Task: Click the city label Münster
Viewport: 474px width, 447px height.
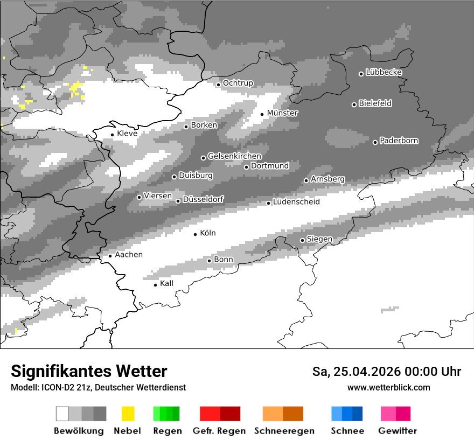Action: pos(282,113)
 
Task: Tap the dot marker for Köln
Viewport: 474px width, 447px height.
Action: pos(196,234)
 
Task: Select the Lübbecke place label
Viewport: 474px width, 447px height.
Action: pos(384,72)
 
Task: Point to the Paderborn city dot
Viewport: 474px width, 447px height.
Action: pos(375,142)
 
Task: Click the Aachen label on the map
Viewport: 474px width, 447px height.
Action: pos(129,255)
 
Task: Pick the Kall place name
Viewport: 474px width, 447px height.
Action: pos(166,283)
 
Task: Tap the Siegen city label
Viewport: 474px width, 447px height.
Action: pos(319,239)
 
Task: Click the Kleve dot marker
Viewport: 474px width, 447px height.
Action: pos(113,135)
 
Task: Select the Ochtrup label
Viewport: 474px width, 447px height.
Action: pos(238,83)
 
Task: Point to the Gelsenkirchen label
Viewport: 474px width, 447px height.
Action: pos(234,156)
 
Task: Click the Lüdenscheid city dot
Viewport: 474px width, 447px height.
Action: pos(269,203)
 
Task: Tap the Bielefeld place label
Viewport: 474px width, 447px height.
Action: pos(375,103)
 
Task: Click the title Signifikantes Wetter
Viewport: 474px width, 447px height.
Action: pos(89,372)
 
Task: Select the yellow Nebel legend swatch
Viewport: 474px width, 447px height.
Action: pos(128,414)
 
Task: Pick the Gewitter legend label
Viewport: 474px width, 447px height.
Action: pos(398,431)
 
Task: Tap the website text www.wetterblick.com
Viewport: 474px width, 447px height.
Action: pos(388,388)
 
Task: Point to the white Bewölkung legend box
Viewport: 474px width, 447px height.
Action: pos(62,414)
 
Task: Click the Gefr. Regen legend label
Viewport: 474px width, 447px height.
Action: pos(219,431)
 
